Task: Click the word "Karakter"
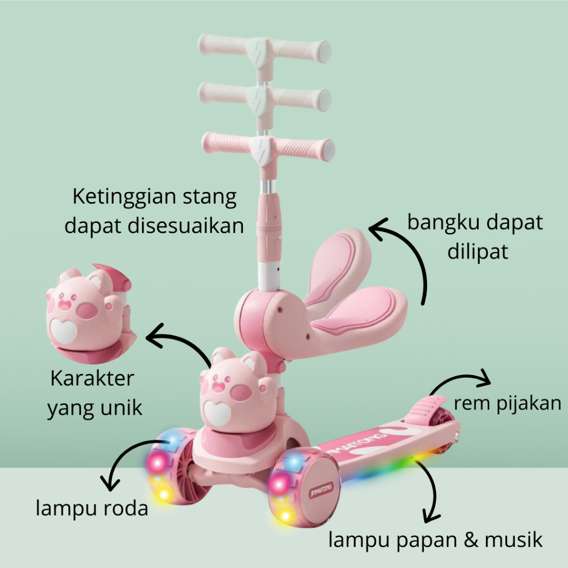pos(92,379)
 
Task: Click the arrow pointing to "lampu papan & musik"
pos(431,488)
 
